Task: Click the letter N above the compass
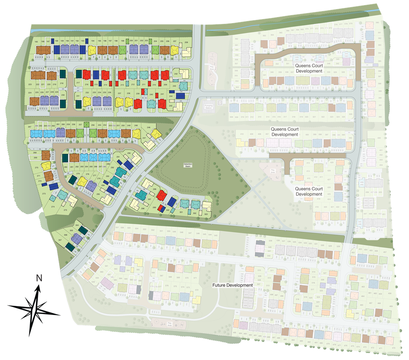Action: coord(39,278)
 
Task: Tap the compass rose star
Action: coord(34,307)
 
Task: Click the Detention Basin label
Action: coord(188,165)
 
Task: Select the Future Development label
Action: coord(232,285)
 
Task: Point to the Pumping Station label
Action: coord(208,107)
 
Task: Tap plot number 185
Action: coord(36,42)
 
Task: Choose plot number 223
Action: coord(29,85)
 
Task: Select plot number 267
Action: coord(30,127)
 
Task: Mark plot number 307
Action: coord(60,240)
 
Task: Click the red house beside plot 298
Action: coord(161,195)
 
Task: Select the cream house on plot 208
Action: coord(186,52)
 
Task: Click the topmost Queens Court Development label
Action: coord(309,68)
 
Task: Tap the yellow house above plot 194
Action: coord(92,50)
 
